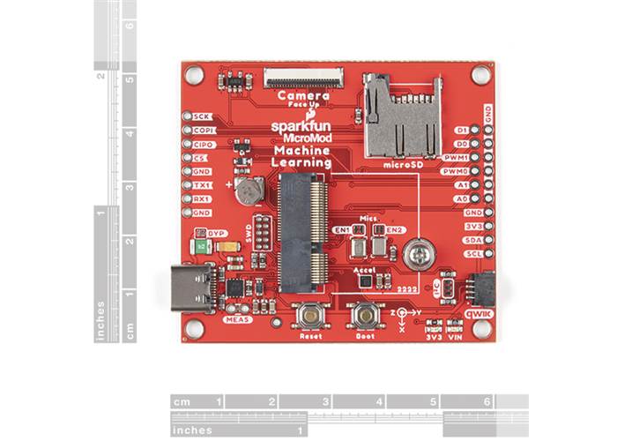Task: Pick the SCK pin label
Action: click(x=202, y=116)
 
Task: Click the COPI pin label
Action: click(x=202, y=131)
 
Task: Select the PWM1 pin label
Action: click(x=457, y=157)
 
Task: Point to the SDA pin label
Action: click(x=473, y=240)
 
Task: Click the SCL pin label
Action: click(x=473, y=253)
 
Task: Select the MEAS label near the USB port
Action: click(x=238, y=319)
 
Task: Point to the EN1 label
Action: click(x=340, y=229)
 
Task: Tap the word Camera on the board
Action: click(x=303, y=95)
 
